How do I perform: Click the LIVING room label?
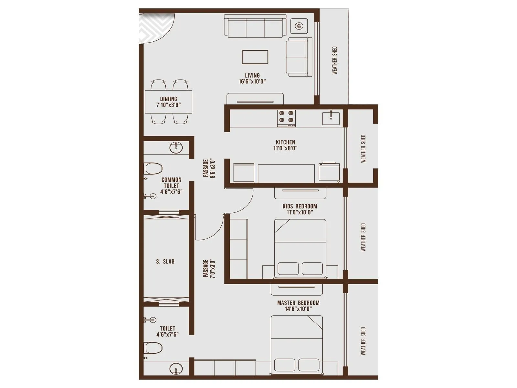pyautogui.click(x=252, y=76)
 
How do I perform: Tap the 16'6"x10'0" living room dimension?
pyautogui.click(x=252, y=81)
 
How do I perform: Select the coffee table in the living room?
pyautogui.click(x=255, y=57)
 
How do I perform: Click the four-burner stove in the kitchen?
pyautogui.click(x=286, y=118)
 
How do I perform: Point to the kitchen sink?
pyautogui.click(x=331, y=118)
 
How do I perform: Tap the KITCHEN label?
pyautogui.click(x=285, y=142)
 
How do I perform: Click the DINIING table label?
pyautogui.click(x=168, y=99)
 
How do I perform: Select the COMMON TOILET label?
pyautogui.click(x=171, y=183)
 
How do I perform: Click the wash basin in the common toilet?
pyautogui.click(x=176, y=147)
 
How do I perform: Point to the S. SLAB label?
pyautogui.click(x=165, y=262)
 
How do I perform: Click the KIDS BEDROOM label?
pyautogui.click(x=300, y=206)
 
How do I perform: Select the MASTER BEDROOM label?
pyautogui.click(x=298, y=303)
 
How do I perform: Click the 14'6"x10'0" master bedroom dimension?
pyautogui.click(x=298, y=309)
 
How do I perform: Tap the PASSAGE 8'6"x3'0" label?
pyautogui.click(x=209, y=168)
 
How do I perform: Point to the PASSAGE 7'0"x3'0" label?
pyautogui.click(x=209, y=268)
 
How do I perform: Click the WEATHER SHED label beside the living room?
pyautogui.click(x=335, y=60)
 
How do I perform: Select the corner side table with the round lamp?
pyautogui.click(x=299, y=26)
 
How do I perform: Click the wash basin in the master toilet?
pyautogui.click(x=176, y=369)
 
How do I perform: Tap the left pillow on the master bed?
pyautogui.click(x=284, y=365)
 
